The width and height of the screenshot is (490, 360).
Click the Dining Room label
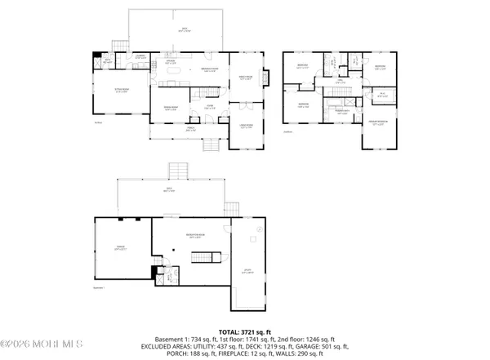point(171,107)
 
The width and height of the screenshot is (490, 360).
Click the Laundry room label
point(140,56)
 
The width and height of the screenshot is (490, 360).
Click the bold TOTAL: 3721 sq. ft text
point(244,325)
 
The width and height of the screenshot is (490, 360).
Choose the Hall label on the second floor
point(340,82)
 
